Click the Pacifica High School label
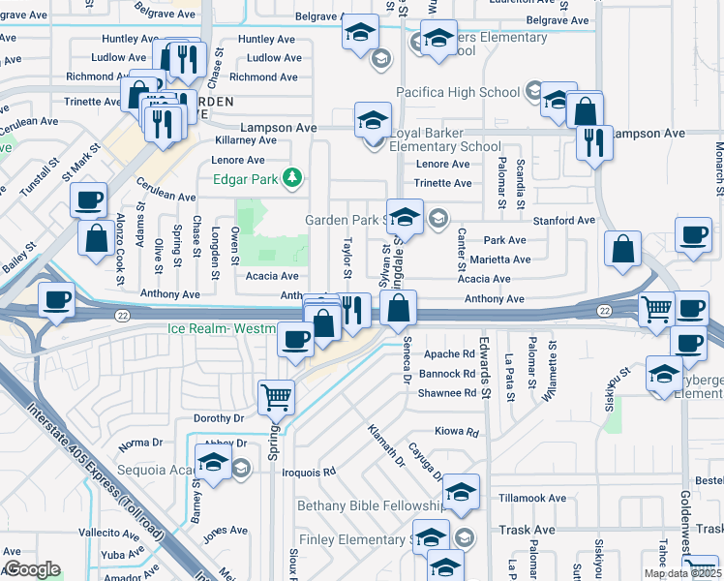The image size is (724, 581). pos(459,92)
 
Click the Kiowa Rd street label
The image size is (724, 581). pos(457,432)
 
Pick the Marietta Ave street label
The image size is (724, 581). pos(499,260)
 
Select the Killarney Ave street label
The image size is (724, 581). pos(245,140)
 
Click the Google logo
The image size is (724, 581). pos(32,569)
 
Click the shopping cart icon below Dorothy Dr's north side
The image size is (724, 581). pos(276,395)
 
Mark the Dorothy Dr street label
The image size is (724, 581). pos(218,418)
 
